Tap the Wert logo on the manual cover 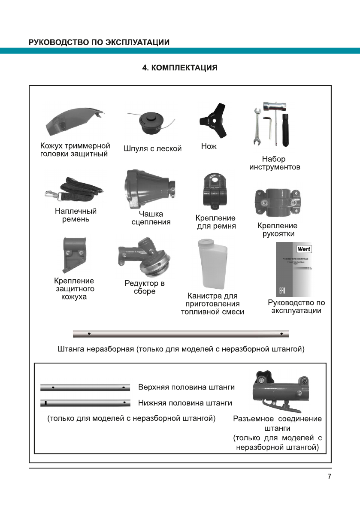304,249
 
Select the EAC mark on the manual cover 282,291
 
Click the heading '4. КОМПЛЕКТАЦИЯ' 180,68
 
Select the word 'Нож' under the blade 209,147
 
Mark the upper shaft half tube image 85,387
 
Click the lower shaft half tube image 85,403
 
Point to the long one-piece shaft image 180,334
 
